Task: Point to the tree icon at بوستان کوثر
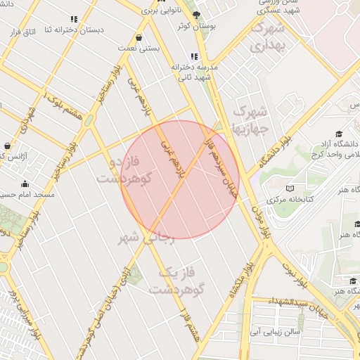(x=196, y=15)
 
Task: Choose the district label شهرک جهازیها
(x=250, y=120)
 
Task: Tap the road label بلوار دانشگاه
(x=274, y=150)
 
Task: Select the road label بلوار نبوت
(x=295, y=275)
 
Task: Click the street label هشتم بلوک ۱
(x=63, y=105)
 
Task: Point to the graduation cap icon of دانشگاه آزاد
(x=338, y=134)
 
